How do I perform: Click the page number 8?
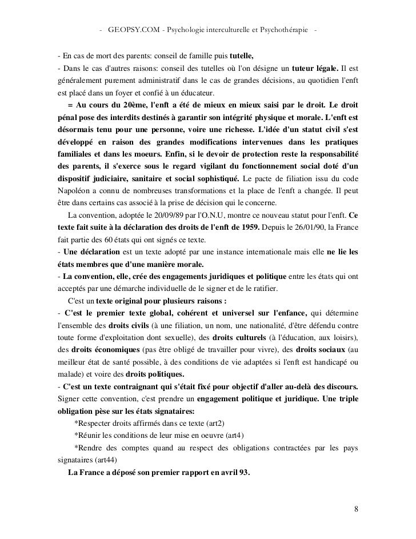pos(356,510)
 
